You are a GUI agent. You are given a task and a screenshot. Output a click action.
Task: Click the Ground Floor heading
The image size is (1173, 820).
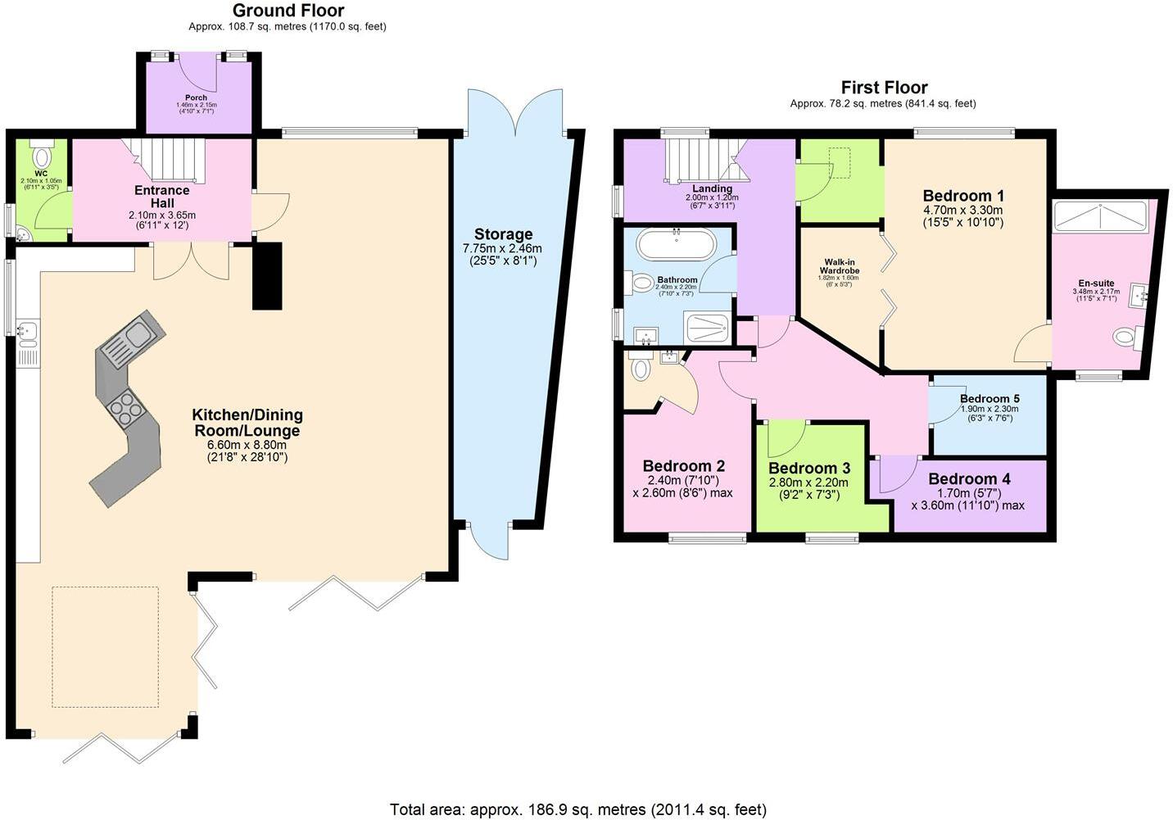(288, 11)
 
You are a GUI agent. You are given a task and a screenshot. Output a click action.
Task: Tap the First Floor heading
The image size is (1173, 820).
(884, 88)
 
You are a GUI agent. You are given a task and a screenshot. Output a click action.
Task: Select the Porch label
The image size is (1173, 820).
(196, 97)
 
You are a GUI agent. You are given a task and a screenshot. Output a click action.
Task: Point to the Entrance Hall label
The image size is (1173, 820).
(162, 197)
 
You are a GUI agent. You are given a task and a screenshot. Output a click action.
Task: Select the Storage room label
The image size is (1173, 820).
(503, 234)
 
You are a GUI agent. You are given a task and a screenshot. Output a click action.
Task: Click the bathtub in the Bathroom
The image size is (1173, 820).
(676, 245)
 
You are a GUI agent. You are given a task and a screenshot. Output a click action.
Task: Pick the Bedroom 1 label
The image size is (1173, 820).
(962, 196)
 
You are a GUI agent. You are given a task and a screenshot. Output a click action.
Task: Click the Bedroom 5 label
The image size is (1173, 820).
(990, 399)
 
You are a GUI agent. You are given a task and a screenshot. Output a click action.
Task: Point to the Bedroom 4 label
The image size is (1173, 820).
(969, 479)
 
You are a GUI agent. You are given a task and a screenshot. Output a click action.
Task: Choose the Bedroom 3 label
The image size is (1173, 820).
(808, 469)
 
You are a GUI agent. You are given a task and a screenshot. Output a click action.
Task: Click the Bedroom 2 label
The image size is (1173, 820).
(683, 466)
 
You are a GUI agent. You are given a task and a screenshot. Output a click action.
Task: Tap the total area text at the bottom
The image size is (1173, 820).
(577, 809)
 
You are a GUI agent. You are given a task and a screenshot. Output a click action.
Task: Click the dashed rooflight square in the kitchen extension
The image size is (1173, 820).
(105, 646)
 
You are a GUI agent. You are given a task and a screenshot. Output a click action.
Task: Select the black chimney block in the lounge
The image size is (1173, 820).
(267, 275)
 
